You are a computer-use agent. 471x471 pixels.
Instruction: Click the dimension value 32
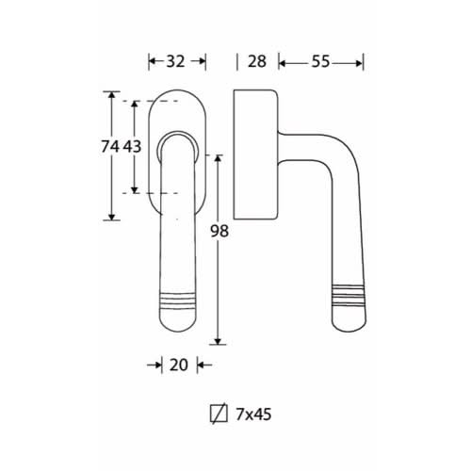coord(175,61)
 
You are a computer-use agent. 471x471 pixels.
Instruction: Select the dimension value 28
coord(257,61)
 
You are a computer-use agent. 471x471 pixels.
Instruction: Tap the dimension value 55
coord(320,61)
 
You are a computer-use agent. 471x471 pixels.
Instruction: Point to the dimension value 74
coord(110,146)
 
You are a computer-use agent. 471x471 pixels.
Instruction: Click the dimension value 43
coord(132,146)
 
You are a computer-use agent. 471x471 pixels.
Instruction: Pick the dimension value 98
coord(219,232)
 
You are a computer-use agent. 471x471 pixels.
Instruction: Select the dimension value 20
coord(179,365)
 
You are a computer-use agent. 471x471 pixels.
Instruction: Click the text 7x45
coord(253,414)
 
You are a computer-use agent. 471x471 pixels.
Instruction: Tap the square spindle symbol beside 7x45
coord(219,414)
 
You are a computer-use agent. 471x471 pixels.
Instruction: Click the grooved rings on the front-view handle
coord(178,300)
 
